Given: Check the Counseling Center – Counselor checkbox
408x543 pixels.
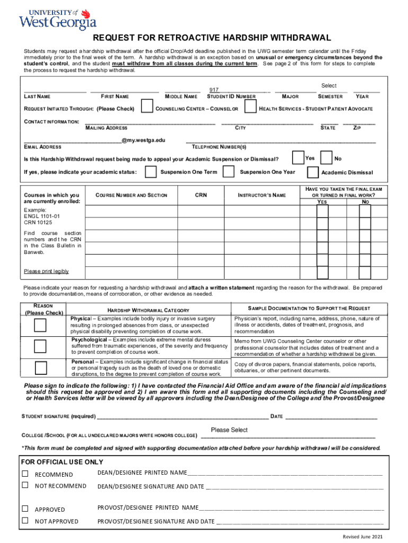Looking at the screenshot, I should (x=146, y=109).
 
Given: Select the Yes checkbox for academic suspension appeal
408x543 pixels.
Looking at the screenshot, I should (x=298, y=159).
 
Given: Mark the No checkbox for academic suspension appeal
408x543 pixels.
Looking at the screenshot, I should (x=326, y=159).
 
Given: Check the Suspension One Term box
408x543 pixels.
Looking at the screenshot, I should (x=151, y=172).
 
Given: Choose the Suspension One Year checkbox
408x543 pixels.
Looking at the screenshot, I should (x=228, y=172).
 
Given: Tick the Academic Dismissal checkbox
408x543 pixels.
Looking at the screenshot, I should (x=313, y=172).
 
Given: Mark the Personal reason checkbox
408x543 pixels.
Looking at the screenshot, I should (x=40, y=368).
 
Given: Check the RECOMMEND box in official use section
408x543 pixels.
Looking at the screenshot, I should (x=25, y=474).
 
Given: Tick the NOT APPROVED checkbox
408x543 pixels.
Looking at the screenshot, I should (x=25, y=520).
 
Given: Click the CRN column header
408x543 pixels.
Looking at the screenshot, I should (x=201, y=195).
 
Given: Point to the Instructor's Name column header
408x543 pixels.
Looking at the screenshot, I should (x=262, y=195).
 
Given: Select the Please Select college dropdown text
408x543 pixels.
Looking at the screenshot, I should (x=229, y=430).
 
